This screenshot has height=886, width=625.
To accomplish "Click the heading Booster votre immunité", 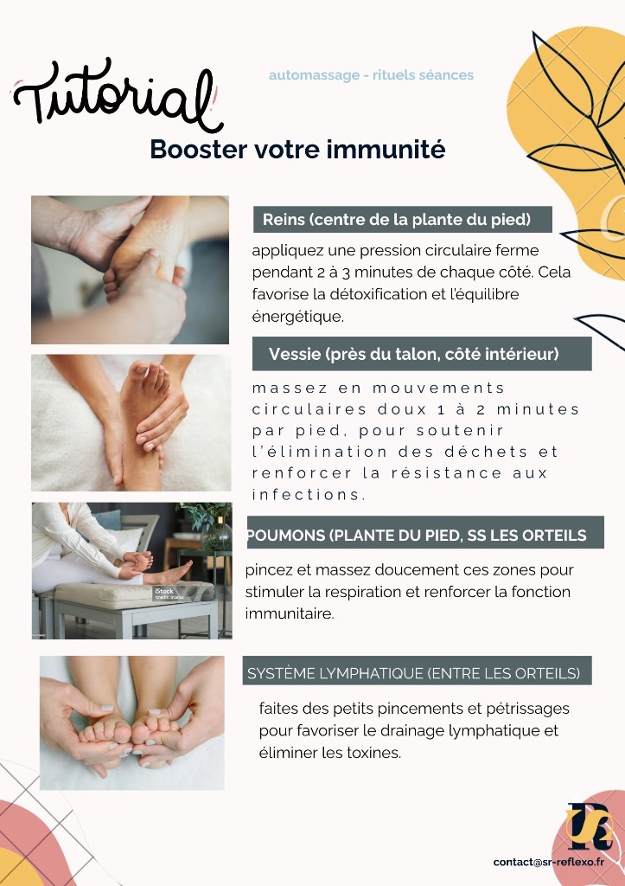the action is click(297, 150).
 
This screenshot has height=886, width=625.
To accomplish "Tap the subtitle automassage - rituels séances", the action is click(371, 75).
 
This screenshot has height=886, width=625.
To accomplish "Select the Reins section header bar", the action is click(403, 219).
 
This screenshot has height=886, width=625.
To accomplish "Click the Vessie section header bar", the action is click(422, 354).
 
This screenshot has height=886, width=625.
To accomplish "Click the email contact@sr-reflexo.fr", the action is click(548, 862).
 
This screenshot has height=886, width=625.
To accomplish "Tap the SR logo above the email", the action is click(589, 826).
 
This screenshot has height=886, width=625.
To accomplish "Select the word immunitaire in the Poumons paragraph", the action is click(289, 613).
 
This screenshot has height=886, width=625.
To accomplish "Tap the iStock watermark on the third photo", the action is click(165, 593).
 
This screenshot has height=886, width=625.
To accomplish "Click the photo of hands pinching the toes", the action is click(132, 722).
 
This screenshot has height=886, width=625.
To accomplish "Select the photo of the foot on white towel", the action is click(131, 422).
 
